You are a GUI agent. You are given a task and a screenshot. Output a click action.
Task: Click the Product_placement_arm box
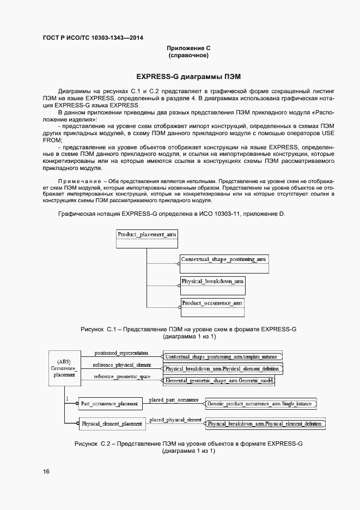(x=147, y=239)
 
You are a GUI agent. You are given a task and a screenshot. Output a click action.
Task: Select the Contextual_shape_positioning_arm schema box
(x=224, y=264)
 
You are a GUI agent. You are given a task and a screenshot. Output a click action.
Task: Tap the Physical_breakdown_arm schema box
(x=212, y=286)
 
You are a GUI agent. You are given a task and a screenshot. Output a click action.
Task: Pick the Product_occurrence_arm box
(x=212, y=306)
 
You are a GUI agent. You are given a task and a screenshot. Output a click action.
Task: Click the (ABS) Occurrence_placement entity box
(x=64, y=368)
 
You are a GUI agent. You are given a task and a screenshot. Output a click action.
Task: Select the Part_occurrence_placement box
(x=111, y=404)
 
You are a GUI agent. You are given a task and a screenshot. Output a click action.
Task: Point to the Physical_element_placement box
(x=111, y=423)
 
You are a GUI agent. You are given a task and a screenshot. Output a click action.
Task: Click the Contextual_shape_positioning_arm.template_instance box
(x=223, y=356)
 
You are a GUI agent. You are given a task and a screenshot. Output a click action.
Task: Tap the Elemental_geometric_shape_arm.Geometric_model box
(x=219, y=381)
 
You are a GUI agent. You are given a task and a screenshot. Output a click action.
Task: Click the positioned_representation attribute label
(x=121, y=353)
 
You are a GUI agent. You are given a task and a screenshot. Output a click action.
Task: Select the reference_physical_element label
(x=122, y=365)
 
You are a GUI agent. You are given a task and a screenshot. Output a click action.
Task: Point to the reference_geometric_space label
(x=122, y=377)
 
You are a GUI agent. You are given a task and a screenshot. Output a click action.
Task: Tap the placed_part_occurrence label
(x=174, y=400)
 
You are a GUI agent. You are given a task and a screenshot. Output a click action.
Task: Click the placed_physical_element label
(x=175, y=419)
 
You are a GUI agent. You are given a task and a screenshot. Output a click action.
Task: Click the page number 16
(x=46, y=471)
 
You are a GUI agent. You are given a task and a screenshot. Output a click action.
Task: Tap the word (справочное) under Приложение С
(x=188, y=56)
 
